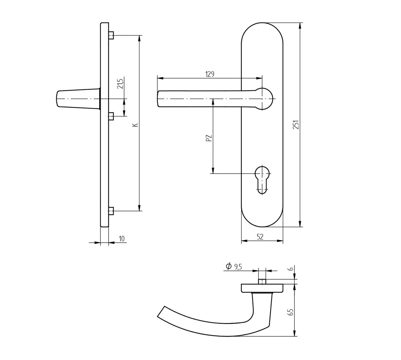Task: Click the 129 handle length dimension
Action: point(210,74)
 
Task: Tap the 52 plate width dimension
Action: point(260,237)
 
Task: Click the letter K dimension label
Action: point(136,125)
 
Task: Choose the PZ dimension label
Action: point(209,138)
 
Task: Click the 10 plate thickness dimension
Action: point(122,239)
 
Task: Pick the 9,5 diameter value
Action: point(238,267)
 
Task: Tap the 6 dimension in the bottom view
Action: point(291,269)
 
